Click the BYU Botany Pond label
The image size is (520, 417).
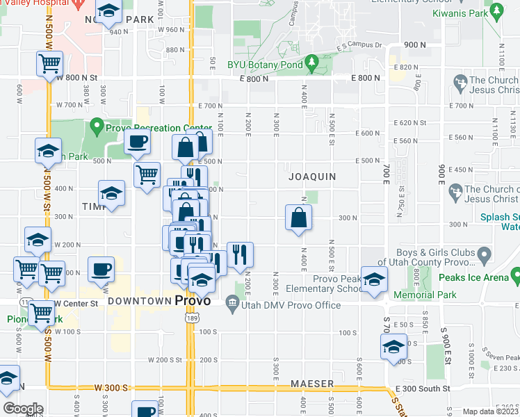click(265, 65)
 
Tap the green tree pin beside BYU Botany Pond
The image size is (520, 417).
click(312, 63)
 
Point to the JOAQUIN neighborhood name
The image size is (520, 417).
click(312, 177)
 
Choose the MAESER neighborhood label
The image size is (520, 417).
click(312, 384)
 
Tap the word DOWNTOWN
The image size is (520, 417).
click(140, 301)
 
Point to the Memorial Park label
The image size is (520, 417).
click(424, 295)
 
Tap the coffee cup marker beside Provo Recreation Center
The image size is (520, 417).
click(137, 142)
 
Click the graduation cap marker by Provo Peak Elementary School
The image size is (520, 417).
click(374, 279)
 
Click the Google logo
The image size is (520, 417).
click(23, 409)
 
